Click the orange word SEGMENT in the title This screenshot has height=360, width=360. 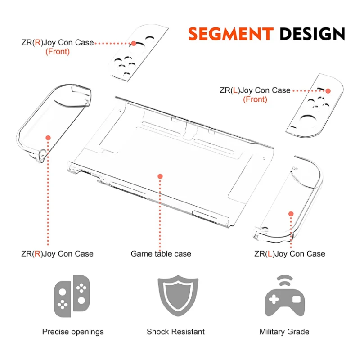click(x=231, y=34)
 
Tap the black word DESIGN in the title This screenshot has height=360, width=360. click(x=312, y=34)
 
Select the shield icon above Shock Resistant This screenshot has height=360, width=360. click(x=178, y=296)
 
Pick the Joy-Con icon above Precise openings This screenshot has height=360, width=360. click(x=72, y=296)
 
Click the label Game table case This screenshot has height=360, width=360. click(x=161, y=254)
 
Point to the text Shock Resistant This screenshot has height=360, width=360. click(x=175, y=332)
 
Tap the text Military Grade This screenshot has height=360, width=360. click(x=284, y=332)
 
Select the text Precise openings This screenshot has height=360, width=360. click(x=73, y=332)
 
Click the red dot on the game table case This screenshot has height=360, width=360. click(x=160, y=176)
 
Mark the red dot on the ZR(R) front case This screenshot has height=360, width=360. click(x=134, y=43)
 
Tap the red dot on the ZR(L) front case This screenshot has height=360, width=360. click(x=328, y=91)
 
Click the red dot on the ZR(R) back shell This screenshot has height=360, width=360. click(x=48, y=138)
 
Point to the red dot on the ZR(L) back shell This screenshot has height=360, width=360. click(x=291, y=214)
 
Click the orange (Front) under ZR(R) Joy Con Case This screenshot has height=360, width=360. click(x=58, y=52)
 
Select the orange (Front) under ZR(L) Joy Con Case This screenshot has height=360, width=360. click(x=255, y=99)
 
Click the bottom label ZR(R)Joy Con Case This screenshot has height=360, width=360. click(x=58, y=254)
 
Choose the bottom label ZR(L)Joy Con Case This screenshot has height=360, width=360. click(x=290, y=254)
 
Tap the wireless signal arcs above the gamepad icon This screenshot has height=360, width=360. click(x=285, y=280)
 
